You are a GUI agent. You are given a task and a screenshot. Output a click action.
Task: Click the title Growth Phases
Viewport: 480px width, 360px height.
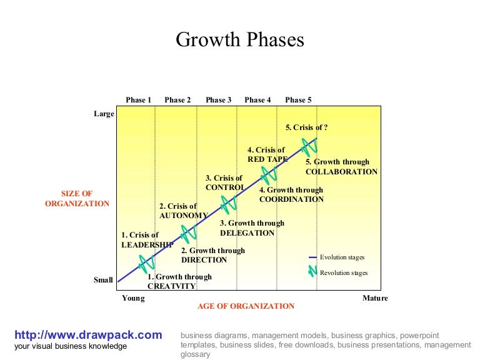coord(240,40)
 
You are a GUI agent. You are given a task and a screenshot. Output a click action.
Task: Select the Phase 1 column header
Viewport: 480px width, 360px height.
coord(139,100)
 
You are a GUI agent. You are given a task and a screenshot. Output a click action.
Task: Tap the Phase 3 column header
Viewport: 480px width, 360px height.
coord(219,100)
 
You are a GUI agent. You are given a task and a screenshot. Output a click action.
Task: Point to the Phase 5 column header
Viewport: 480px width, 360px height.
coord(298,100)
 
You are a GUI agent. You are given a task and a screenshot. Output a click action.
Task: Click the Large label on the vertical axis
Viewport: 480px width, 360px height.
coord(104,114)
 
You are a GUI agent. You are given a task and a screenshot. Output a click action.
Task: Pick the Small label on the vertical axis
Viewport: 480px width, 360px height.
coord(103,281)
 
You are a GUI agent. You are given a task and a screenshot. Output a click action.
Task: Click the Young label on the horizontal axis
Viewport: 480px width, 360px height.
coord(133,298)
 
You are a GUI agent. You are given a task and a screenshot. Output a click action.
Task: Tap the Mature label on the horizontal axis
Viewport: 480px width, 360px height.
coord(375,298)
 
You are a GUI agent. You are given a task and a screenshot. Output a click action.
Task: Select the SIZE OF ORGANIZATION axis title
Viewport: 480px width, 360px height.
coord(77,199)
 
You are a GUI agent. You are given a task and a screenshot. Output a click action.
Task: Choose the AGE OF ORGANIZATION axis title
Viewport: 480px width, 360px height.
coord(246,306)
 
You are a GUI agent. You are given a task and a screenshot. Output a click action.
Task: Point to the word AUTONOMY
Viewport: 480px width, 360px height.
coord(184,216)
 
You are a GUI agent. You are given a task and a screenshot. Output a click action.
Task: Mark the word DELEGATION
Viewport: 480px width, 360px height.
coord(247,233)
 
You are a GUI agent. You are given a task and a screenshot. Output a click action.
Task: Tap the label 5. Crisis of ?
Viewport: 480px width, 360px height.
coord(307,127)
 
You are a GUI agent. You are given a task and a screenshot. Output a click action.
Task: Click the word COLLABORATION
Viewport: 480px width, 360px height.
coord(341,172)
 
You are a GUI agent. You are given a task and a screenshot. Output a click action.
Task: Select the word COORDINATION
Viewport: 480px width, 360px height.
coord(291,200)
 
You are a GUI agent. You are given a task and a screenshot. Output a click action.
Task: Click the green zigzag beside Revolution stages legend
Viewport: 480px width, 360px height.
coord(312,272)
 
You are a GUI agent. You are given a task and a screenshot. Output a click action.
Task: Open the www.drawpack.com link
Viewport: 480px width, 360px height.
coord(88,335)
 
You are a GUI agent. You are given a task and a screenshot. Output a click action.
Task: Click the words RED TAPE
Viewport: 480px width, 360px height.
coord(267,159)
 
